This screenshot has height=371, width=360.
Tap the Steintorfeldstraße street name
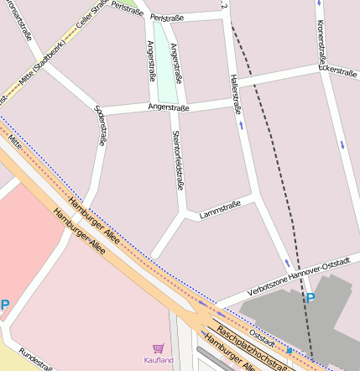[x=177, y=153]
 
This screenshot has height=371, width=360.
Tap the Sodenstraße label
[x=100, y=125]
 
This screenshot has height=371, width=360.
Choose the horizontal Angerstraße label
[x=169, y=107]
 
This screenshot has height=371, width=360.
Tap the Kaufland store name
[x=158, y=360]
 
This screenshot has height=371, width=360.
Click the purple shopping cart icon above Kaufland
[x=158, y=347]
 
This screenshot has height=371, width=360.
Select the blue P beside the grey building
[x=310, y=298]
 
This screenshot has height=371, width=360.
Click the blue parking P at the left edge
[x=4, y=306]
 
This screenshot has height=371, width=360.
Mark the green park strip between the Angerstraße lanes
[x=163, y=55]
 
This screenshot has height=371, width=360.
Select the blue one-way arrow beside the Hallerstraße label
[x=243, y=125]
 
